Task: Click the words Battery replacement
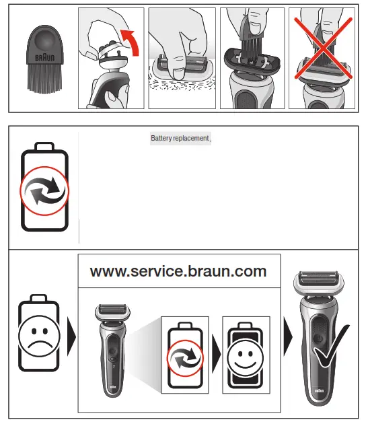(x=180, y=138)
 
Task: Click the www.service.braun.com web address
(x=178, y=271)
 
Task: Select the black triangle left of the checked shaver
(x=288, y=333)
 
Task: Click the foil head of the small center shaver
(x=113, y=311)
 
